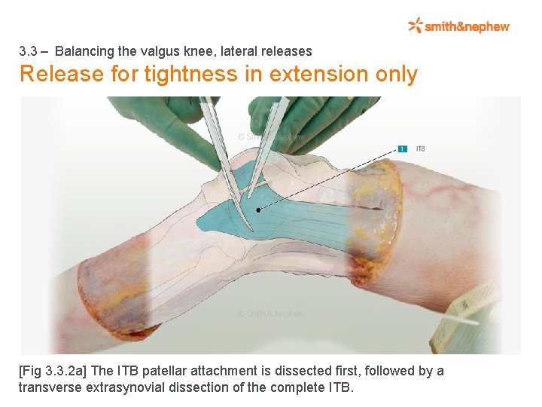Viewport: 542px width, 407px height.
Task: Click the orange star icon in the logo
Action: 416,26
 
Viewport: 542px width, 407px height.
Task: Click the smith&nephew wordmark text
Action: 467,26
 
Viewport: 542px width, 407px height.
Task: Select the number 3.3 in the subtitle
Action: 29,51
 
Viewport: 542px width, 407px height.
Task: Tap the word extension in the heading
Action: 317,75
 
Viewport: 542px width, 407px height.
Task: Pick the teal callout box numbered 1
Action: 403,148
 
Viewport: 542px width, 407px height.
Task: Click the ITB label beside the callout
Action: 420,148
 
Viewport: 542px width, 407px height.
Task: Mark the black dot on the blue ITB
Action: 258,210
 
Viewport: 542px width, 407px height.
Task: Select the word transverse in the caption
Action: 50,387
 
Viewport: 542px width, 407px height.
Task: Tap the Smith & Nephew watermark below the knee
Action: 270,314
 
